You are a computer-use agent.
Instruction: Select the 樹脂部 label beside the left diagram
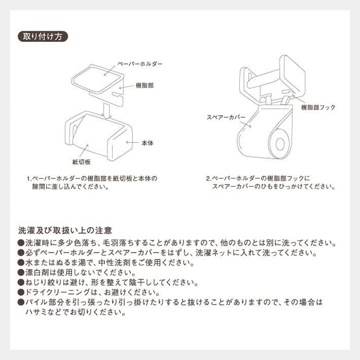(x=145, y=86)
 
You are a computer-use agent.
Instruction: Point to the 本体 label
(x=147, y=143)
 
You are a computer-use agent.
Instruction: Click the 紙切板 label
(x=81, y=162)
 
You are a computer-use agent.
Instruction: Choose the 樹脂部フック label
(x=318, y=107)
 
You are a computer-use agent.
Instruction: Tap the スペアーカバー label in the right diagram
(x=226, y=117)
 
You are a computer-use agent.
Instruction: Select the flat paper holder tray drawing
(x=98, y=77)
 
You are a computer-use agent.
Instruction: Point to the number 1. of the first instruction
(x=29, y=179)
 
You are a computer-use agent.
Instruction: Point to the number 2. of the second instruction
(x=208, y=179)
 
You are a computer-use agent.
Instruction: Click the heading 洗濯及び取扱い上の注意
(x=65, y=230)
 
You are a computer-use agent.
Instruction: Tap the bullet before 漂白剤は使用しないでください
(x=20, y=273)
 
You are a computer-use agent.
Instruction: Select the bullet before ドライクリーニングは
(x=20, y=293)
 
